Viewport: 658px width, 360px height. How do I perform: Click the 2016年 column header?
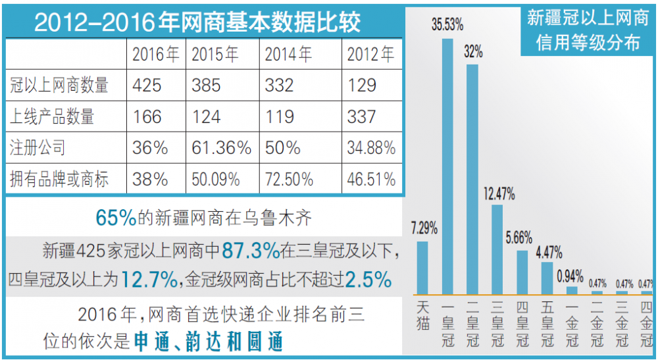[156, 54]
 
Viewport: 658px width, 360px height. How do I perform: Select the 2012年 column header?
[371, 54]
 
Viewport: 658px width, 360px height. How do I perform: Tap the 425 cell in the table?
[147, 85]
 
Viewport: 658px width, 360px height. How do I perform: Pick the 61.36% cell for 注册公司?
[221, 147]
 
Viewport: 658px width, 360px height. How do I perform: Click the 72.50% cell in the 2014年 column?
[294, 178]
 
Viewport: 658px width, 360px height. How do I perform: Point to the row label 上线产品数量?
[53, 116]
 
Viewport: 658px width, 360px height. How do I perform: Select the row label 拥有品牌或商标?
[60, 178]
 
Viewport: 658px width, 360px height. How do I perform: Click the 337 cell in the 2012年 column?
[362, 116]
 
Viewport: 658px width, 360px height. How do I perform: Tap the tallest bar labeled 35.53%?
[447, 165]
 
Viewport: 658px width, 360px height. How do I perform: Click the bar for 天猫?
[422, 267]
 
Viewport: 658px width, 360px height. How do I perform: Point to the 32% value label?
[472, 51]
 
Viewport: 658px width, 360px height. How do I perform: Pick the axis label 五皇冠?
[547, 324]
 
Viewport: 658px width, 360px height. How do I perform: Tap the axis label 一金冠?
[572, 324]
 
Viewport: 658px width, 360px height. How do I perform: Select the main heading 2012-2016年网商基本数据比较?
[197, 24]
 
